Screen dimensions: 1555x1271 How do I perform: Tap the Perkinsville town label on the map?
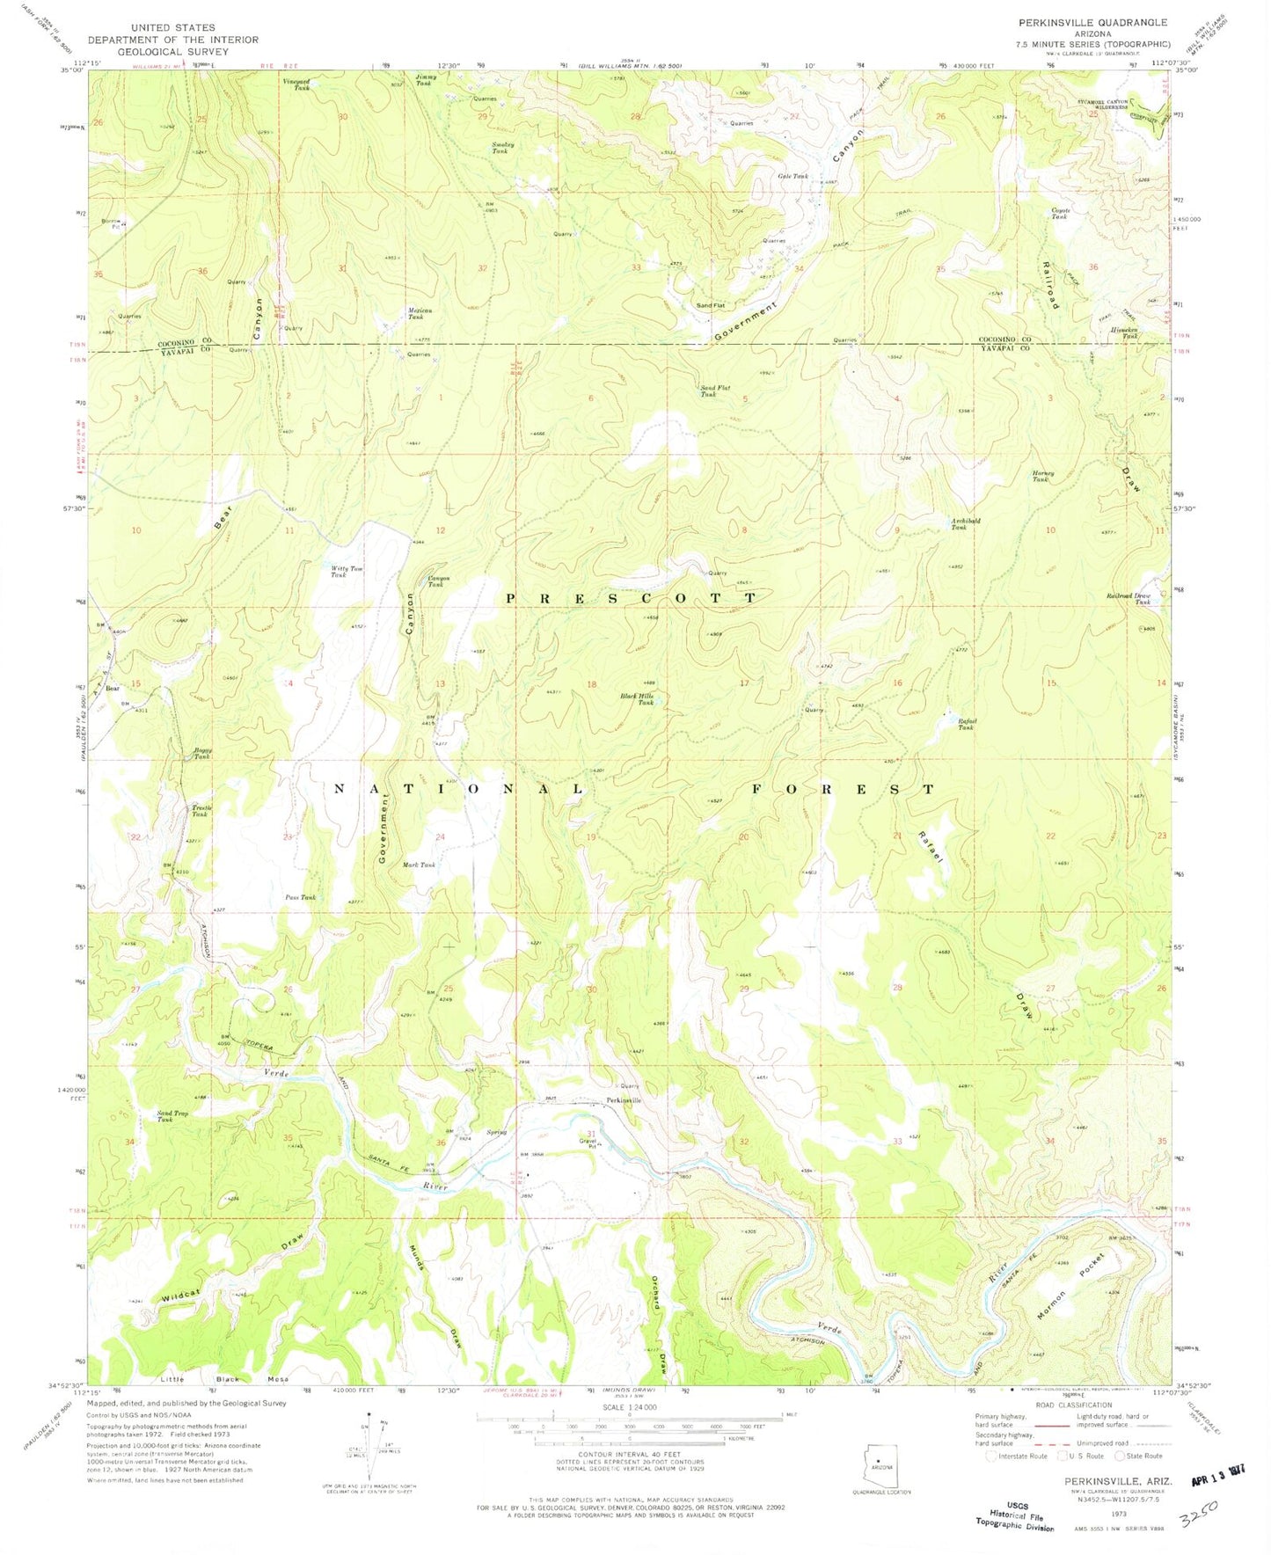[x=624, y=1100]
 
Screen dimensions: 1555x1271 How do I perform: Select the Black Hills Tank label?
[x=637, y=699]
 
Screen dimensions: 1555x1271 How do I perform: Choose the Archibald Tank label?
[x=965, y=523]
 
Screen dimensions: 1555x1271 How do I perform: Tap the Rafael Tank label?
[x=967, y=725]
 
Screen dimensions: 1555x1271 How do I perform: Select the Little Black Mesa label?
[x=224, y=1378]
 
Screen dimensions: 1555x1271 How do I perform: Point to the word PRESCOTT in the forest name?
[x=630, y=597]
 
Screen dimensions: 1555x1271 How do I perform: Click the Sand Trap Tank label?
[x=172, y=1116]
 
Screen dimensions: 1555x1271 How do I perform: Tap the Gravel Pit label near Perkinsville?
[x=588, y=1144]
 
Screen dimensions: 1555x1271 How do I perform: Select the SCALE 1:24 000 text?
[x=628, y=1408]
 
